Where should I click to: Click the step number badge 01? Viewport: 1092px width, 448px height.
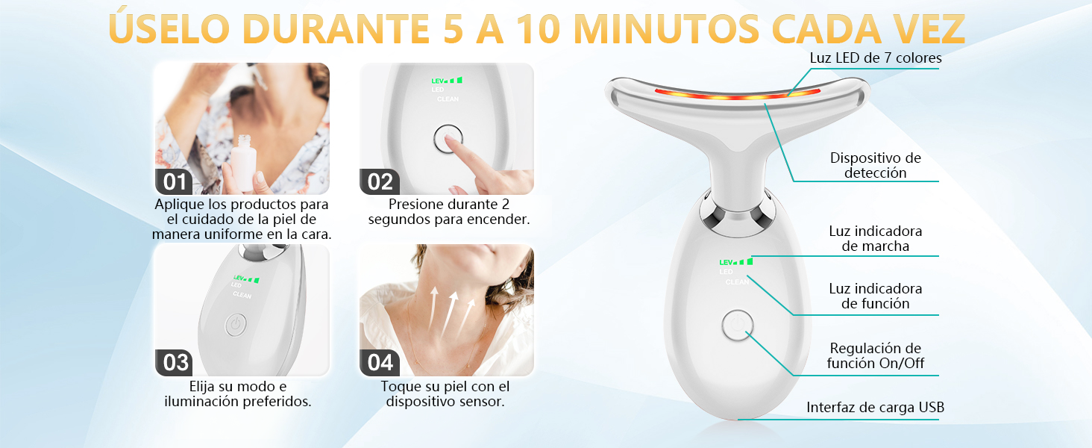click(174, 182)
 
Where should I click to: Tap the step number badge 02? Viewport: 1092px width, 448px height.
click(379, 182)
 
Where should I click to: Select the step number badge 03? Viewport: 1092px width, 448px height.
click(174, 363)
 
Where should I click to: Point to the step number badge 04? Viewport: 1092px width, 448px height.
click(379, 363)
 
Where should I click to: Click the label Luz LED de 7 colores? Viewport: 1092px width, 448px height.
click(876, 58)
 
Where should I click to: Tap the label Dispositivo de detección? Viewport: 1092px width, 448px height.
click(876, 166)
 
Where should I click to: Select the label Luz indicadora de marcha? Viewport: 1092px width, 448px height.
click(876, 239)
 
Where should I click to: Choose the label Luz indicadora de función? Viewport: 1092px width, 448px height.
click(876, 296)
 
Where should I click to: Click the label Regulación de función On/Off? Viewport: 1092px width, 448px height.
click(876, 355)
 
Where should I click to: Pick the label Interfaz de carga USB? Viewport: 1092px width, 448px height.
click(876, 408)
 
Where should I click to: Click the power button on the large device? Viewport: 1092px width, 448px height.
click(737, 325)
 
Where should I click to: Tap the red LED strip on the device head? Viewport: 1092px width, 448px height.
click(737, 94)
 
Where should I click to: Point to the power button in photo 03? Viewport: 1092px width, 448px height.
click(236, 325)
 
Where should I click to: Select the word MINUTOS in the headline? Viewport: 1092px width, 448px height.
click(666, 29)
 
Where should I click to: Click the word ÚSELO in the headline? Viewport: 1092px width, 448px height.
click(169, 28)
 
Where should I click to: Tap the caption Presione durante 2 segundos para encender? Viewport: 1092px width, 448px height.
click(448, 212)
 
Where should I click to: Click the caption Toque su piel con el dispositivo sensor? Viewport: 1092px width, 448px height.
click(445, 393)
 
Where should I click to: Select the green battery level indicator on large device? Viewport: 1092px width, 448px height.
click(736, 262)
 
